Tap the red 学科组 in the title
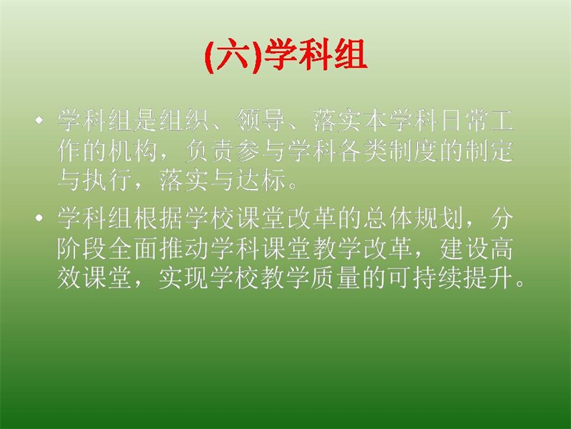pos(315,56)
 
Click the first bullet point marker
pos(39,120)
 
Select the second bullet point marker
pos(39,218)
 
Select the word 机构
pos(133,151)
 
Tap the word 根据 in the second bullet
pos(158,218)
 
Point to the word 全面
pos(133,248)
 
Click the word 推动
pos(184,248)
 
